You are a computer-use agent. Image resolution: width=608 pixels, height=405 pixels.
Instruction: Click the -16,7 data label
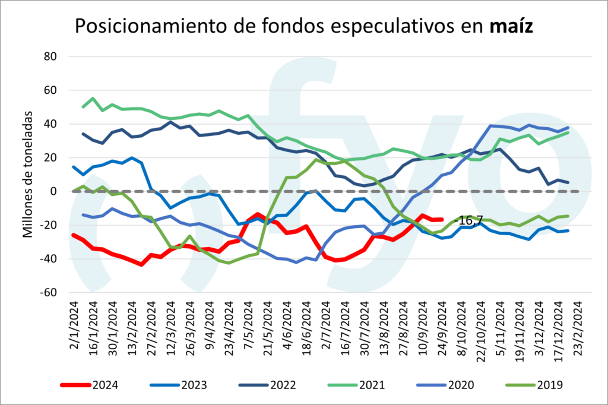coord(467,220)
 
